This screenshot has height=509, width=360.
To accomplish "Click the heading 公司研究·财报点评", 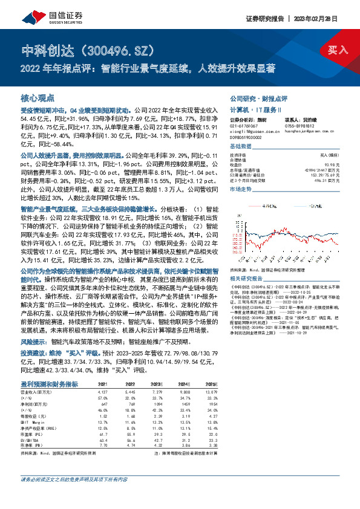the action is [258, 98].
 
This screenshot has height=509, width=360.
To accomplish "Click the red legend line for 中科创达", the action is [252, 206].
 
